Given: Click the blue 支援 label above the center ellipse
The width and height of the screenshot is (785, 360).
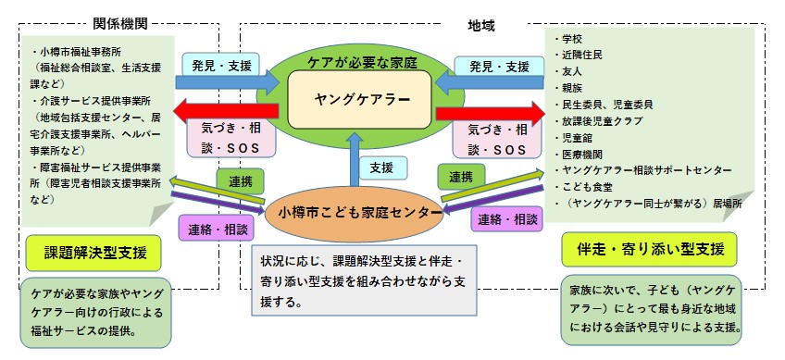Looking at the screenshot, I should click(x=381, y=168).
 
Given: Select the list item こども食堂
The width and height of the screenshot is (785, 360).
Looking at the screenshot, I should click(x=591, y=188).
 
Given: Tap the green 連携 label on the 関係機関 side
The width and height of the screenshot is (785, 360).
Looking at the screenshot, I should click(x=235, y=179).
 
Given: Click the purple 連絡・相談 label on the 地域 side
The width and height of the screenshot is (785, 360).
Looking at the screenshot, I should click(x=505, y=219).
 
